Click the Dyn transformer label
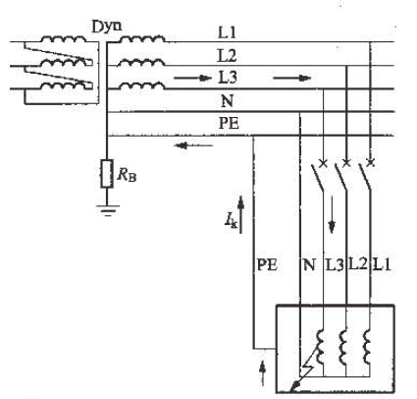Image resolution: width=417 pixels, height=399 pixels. (107, 27)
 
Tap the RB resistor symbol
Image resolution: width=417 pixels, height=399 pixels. (107, 174)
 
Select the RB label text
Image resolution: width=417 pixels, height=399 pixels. (127, 175)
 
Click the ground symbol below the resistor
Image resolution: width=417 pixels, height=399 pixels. (108, 210)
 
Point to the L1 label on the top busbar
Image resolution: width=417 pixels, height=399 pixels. (227, 32)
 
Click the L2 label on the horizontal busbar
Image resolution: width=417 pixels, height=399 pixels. (228, 56)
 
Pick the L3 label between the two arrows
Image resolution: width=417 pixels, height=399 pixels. (228, 78)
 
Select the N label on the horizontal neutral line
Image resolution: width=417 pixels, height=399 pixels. (227, 101)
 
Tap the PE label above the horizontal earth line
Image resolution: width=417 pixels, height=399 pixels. (229, 124)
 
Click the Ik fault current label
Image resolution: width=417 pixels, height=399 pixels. (231, 220)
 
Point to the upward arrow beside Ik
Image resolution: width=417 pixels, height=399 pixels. (241, 214)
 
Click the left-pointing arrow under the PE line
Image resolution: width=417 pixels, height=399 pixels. (194, 145)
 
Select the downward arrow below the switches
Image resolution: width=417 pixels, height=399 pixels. (332, 214)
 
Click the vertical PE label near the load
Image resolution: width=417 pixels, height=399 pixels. (267, 264)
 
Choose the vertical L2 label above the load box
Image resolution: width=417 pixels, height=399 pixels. (358, 263)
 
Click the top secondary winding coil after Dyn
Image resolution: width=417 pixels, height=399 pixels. (141, 39)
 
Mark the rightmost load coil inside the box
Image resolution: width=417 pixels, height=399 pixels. (367, 347)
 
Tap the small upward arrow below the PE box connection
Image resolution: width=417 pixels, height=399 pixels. (262, 373)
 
